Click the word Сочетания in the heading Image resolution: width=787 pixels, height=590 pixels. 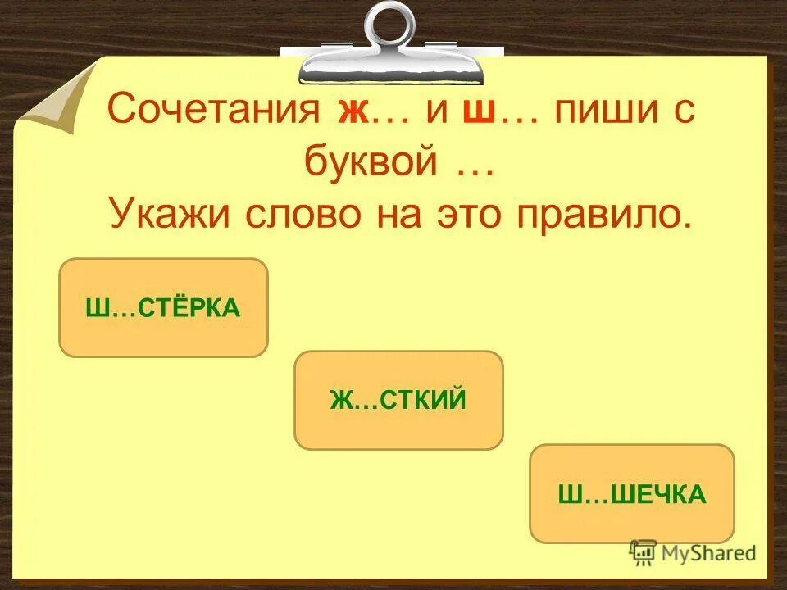coord(214,112)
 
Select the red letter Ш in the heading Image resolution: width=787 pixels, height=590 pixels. coord(477,112)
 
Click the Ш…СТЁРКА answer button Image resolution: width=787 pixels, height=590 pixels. coord(163,307)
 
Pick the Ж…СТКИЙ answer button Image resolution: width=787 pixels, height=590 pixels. coord(398,400)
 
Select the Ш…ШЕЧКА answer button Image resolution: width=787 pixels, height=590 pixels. coord(632,493)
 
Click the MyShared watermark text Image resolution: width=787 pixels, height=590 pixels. coord(707,553)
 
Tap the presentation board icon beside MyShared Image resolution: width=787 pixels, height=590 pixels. coord(643,552)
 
